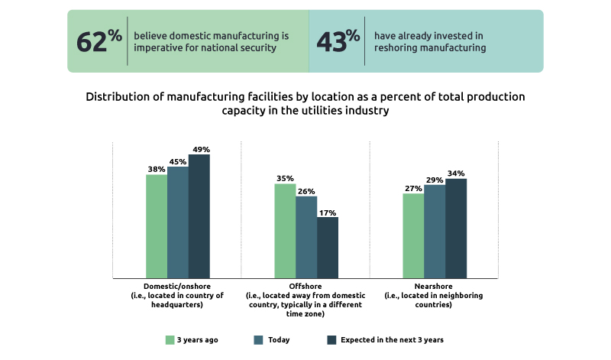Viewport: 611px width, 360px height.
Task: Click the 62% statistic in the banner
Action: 99,41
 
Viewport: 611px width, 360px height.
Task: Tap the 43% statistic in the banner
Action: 338,41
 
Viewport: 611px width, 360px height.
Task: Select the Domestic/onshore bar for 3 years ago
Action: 157,226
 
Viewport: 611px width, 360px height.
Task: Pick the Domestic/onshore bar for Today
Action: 178,222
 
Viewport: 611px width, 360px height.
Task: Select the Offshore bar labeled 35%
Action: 285,231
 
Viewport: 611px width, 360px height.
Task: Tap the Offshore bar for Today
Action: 306,237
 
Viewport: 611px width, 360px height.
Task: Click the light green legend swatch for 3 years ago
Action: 170,339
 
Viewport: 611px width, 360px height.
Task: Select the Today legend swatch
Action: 258,339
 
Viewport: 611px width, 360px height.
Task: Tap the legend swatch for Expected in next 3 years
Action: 331,339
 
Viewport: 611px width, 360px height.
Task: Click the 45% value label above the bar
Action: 178,161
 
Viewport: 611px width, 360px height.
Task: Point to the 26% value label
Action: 306,191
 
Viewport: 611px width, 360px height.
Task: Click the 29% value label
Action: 435,180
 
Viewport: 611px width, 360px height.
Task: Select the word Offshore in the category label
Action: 305,287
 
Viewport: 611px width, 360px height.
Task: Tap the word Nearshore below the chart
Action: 434,287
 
